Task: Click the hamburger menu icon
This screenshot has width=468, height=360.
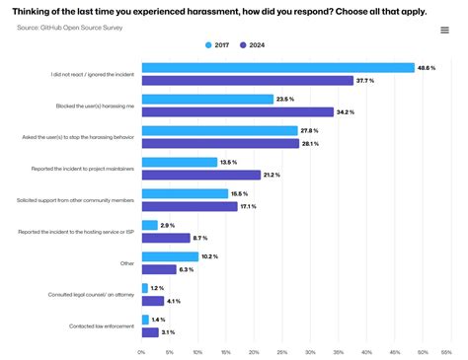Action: pyautogui.click(x=444, y=30)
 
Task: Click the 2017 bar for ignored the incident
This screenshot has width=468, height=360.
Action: pyautogui.click(x=277, y=68)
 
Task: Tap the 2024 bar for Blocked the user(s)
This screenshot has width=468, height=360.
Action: pyautogui.click(x=238, y=111)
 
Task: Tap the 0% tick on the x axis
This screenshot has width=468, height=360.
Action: pyautogui.click(x=142, y=351)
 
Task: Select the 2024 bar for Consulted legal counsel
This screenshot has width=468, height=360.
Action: pyautogui.click(x=154, y=301)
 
